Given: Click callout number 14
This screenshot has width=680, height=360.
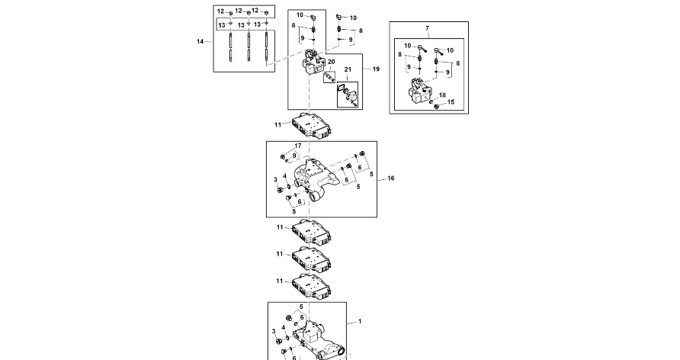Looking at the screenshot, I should pyautogui.click(x=200, y=41).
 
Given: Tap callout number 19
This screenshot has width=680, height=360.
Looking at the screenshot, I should pyautogui.click(x=375, y=69).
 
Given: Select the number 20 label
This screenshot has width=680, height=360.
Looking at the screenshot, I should pyautogui.click(x=331, y=61).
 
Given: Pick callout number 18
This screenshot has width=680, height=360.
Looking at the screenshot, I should pyautogui.click(x=442, y=95).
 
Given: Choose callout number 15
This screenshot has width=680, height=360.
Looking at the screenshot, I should pyautogui.click(x=451, y=101).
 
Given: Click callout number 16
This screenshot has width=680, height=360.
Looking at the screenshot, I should pyautogui.click(x=391, y=178).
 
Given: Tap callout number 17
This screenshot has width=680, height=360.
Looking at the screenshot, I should pyautogui.click(x=298, y=145).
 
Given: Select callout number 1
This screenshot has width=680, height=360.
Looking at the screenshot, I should pyautogui.click(x=360, y=322).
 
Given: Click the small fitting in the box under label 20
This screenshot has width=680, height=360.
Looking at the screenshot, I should pyautogui.click(x=329, y=76).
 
